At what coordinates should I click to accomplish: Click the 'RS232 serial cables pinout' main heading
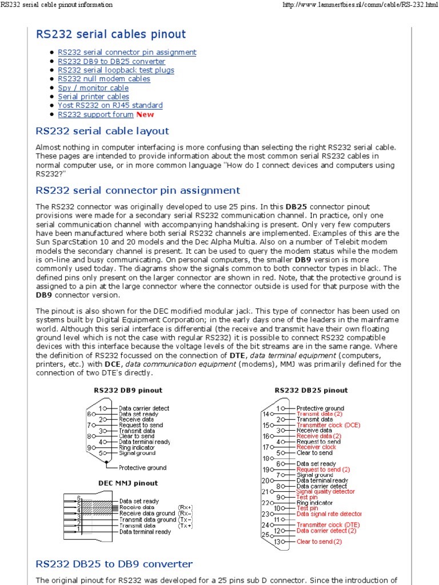[110, 34]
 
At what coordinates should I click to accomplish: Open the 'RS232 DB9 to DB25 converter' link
[111, 61]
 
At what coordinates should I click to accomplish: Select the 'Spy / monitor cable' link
[93, 88]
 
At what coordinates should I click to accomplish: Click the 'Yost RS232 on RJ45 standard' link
[110, 106]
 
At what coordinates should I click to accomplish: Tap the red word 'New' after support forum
[145, 114]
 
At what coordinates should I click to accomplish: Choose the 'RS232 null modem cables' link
[104, 79]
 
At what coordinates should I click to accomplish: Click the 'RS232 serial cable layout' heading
[102, 131]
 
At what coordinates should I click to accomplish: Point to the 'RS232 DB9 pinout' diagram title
[128, 390]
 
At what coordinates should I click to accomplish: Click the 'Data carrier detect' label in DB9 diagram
[144, 408]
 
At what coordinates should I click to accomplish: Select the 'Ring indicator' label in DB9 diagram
[137, 447]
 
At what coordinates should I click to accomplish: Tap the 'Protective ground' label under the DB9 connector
[143, 467]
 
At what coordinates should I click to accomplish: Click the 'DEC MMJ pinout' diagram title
[128, 483]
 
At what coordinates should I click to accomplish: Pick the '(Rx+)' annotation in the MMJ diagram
[185, 507]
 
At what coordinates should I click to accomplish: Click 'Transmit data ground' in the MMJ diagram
[147, 519]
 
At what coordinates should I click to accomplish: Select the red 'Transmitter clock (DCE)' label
[328, 425]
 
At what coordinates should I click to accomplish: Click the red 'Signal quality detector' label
[325, 491]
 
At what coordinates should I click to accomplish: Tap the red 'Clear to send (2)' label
[319, 542]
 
